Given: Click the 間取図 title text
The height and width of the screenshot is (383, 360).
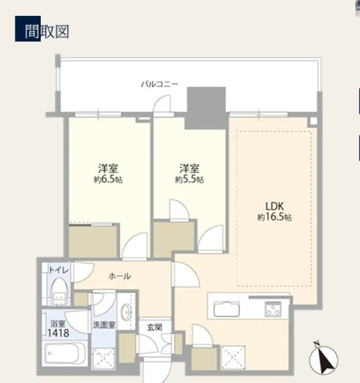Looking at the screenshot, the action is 47,31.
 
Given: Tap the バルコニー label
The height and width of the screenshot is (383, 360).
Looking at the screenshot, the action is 160,84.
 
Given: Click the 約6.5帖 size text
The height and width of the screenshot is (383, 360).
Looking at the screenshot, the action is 109,180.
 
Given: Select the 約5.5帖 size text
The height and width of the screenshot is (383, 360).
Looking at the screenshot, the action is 190,180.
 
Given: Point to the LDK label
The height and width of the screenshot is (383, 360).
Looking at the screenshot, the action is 274,207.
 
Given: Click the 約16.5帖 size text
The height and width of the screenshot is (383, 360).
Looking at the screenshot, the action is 274,217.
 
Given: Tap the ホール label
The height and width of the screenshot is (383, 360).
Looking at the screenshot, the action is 120,276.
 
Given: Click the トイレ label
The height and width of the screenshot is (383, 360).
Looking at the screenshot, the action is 59,270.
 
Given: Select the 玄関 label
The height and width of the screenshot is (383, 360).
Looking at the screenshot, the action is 154,327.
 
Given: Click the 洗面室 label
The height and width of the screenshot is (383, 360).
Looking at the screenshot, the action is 104,325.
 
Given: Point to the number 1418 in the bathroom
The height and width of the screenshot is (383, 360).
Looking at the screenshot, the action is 58,333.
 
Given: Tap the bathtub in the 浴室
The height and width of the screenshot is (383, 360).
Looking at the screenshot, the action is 64,354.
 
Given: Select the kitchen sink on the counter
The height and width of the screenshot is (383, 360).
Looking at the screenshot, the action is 227,309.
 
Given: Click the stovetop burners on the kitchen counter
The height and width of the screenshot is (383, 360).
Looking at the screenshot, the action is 273,309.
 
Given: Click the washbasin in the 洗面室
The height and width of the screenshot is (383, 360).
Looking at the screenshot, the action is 126,312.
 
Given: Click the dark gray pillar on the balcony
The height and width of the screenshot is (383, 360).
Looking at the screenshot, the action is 206,108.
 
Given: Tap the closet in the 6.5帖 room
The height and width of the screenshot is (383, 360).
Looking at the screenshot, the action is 93,242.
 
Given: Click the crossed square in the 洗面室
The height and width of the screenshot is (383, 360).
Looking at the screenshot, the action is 104,358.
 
